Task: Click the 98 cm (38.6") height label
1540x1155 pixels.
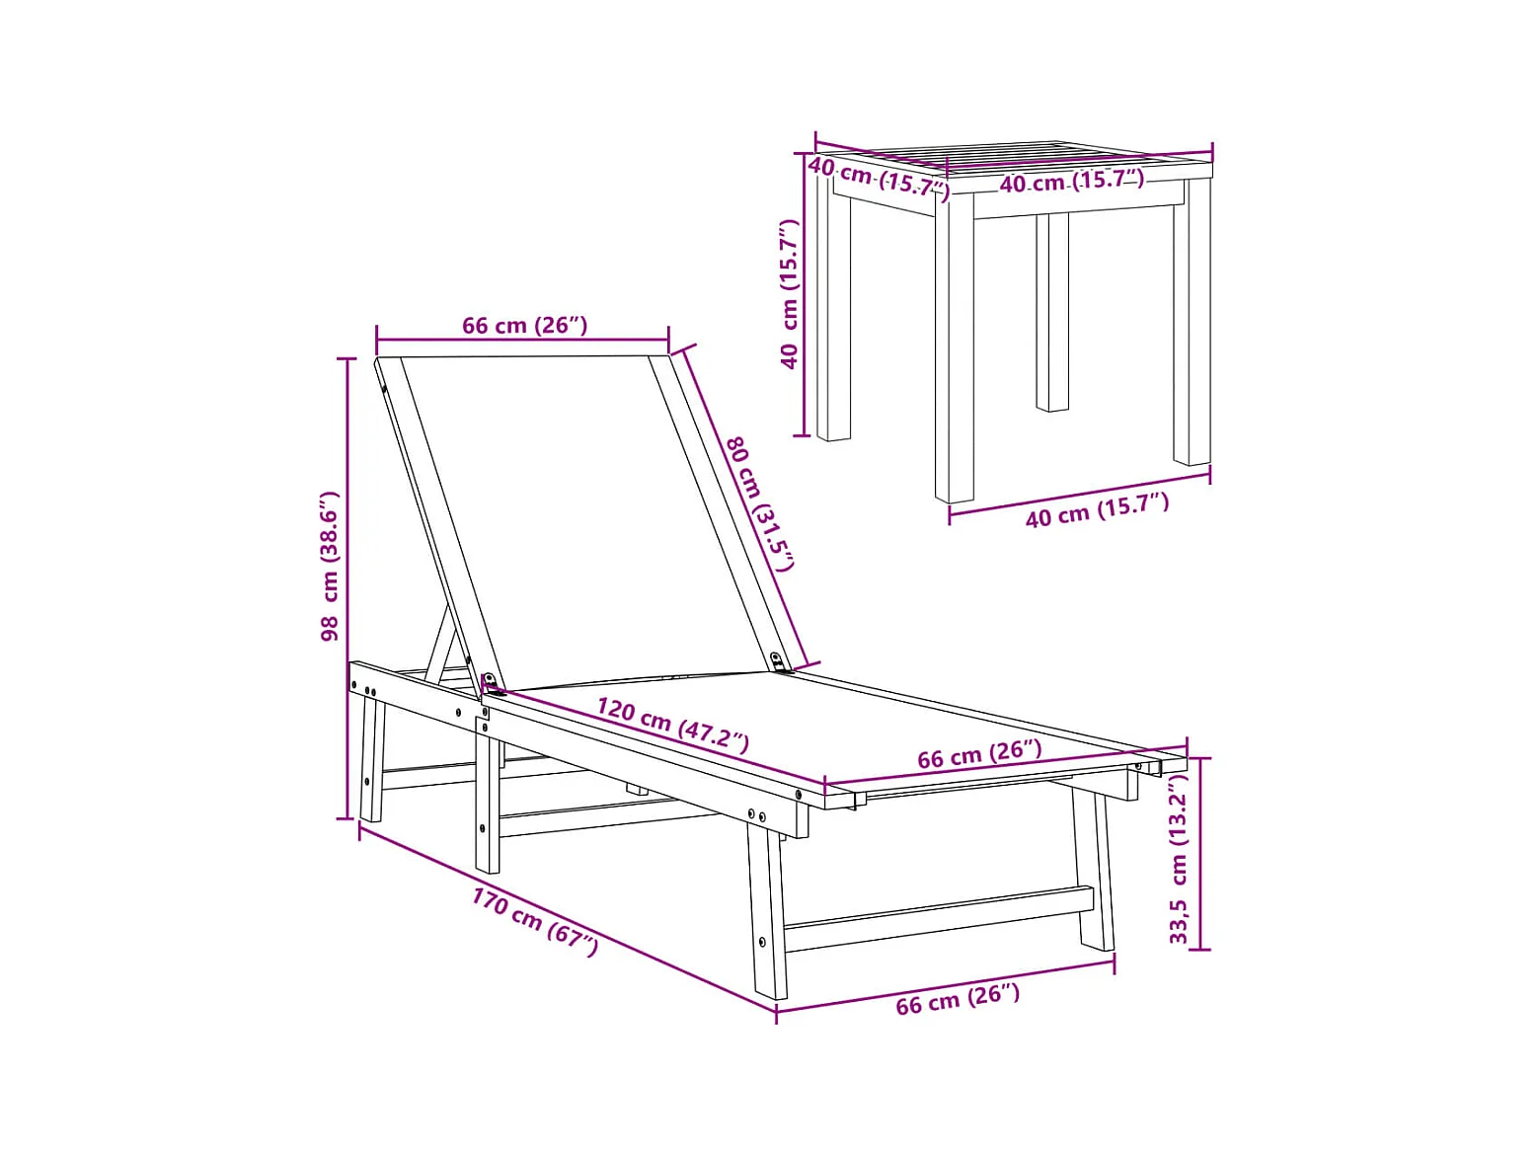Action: click(329, 566)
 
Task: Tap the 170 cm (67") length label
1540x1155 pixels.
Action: click(535, 921)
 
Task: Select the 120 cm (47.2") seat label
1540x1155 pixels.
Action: click(672, 726)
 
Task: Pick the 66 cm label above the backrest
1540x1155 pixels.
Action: click(524, 326)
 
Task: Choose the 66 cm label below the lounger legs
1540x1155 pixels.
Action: click(958, 999)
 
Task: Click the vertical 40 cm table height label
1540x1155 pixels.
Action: click(790, 294)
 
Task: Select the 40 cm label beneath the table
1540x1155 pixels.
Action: click(1098, 509)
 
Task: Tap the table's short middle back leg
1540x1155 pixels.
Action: click(1052, 312)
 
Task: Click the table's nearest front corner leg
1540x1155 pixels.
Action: click(955, 350)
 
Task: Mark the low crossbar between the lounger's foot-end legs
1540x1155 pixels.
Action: click(938, 918)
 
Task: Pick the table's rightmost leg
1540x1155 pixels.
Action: click(1192, 323)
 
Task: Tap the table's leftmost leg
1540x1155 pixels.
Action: click(833, 309)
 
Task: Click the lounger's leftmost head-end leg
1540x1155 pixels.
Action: click(372, 758)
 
